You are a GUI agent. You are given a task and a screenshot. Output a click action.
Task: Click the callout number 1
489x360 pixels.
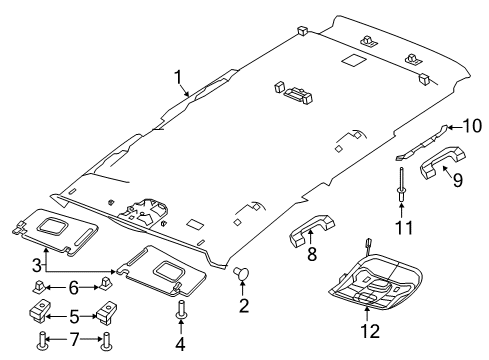(177, 76)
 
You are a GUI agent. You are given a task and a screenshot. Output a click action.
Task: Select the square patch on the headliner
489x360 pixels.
(351, 62)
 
